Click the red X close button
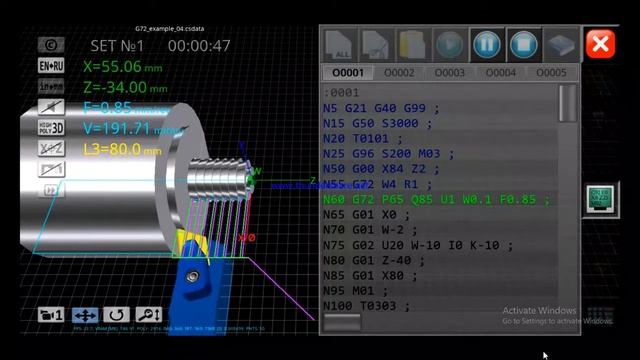600,44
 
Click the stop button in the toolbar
523,44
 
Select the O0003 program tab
450,73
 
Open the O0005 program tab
551,73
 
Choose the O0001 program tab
348,73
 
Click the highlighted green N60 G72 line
436,199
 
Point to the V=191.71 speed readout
126,129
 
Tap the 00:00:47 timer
199,46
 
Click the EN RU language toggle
52,65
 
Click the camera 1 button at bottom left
51,315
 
